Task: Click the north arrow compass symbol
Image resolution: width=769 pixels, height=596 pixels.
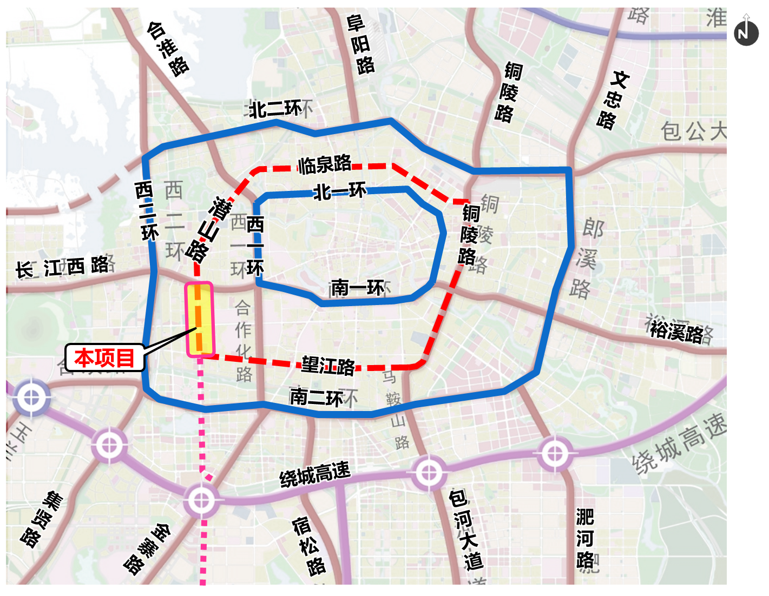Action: pos(746,30)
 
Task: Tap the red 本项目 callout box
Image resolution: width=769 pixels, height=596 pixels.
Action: pos(104,358)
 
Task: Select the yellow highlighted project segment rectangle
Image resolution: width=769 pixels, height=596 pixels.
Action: pos(200,319)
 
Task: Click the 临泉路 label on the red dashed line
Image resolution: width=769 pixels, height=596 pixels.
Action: pos(325,164)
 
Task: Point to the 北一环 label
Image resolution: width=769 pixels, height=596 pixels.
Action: pos(340,191)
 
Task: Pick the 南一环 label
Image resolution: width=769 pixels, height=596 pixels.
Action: pos(357,288)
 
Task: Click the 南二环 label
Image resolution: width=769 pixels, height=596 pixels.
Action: pos(317,398)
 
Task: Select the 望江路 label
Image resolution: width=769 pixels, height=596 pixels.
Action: pos(328,366)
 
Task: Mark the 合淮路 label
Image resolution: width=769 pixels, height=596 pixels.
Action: pos(168,49)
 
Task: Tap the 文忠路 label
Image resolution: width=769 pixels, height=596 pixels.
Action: pos(613,101)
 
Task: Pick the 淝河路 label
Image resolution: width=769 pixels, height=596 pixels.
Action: pos(585,539)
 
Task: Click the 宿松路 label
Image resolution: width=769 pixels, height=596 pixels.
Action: pos(309,546)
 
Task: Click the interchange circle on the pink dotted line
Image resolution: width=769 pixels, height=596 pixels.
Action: pos(202,500)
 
